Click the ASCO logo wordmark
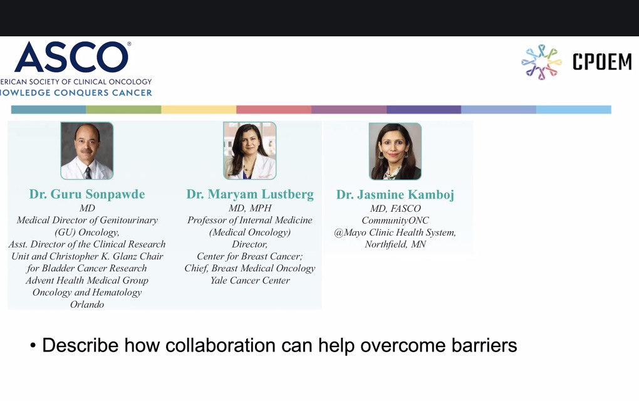[x=72, y=57]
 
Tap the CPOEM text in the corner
[x=602, y=62]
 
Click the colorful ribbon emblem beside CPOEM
[x=541, y=62]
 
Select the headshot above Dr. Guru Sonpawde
[x=87, y=151]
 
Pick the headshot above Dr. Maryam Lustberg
[x=250, y=151]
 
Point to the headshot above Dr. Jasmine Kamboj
[x=395, y=151]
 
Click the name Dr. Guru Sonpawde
[x=87, y=194]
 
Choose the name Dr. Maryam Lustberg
[x=250, y=194]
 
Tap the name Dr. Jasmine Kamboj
[x=395, y=194]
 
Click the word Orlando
[x=87, y=305]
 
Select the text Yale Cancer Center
[x=250, y=280]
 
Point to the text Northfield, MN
[x=395, y=244]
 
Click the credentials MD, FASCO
[x=395, y=209]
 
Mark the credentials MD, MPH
[x=250, y=208]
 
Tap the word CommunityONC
[x=395, y=221]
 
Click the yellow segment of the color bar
[x=199, y=109]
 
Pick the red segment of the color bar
[x=273, y=109]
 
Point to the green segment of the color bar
[x=123, y=109]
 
